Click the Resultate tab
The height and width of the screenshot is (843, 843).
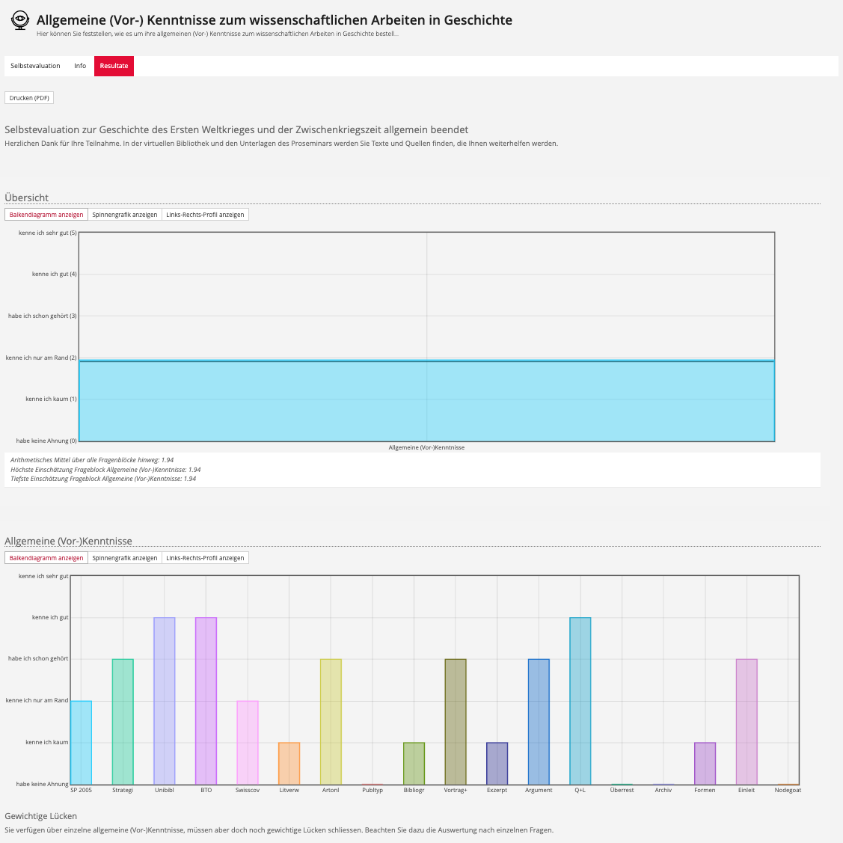pyautogui.click(x=114, y=66)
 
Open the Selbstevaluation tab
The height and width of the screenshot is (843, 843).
pyautogui.click(x=35, y=66)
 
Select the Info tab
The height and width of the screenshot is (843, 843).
pyautogui.click(x=80, y=66)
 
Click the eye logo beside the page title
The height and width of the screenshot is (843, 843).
pyautogui.click(x=20, y=20)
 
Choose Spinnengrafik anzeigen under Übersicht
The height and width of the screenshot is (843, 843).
pyautogui.click(x=125, y=215)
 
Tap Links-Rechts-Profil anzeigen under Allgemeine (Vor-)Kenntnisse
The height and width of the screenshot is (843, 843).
pyautogui.click(x=205, y=558)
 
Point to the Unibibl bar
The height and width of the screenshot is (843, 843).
pyautogui.click(x=165, y=701)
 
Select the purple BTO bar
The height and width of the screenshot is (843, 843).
pyautogui.click(x=206, y=701)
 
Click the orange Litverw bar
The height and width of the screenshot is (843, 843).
pyautogui.click(x=289, y=764)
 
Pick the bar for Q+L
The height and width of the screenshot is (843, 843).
pyautogui.click(x=580, y=701)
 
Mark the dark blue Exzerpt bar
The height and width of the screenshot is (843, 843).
pyautogui.click(x=497, y=764)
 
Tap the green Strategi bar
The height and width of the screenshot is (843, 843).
pyautogui.click(x=123, y=722)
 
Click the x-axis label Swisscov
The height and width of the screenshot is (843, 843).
pyautogui.click(x=248, y=790)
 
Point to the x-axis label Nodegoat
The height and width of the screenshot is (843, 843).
pyautogui.click(x=788, y=790)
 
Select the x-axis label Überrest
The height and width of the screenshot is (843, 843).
pyautogui.click(x=622, y=790)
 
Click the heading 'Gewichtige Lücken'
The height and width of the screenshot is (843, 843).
pyautogui.click(x=41, y=816)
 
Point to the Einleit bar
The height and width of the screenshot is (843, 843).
pyautogui.click(x=747, y=722)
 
